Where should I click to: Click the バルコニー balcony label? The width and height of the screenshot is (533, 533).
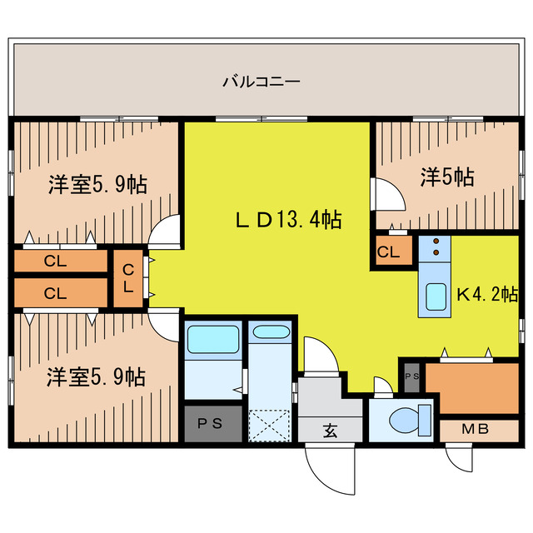click(261, 82)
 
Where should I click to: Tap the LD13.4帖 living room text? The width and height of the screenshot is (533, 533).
click(286, 220)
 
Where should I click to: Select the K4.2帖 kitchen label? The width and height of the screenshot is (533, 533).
click(487, 294)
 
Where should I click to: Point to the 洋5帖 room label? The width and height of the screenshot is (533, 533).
click(447, 177)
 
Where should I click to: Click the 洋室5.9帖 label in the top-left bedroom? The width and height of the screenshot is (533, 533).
click(97, 184)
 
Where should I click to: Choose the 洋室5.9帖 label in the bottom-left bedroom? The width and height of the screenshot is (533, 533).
click(97, 376)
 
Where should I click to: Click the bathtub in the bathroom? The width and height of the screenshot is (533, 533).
click(213, 340)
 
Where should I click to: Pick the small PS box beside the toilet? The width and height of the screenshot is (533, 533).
click(411, 376)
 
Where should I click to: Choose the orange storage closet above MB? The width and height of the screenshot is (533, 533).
click(471, 388)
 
